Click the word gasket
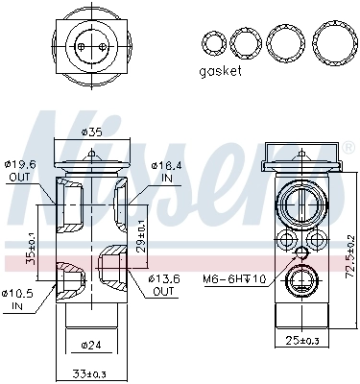point(222,71)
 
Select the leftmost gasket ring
point(211,42)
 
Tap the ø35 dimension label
point(92,132)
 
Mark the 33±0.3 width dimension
point(91,373)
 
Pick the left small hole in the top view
point(83,42)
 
